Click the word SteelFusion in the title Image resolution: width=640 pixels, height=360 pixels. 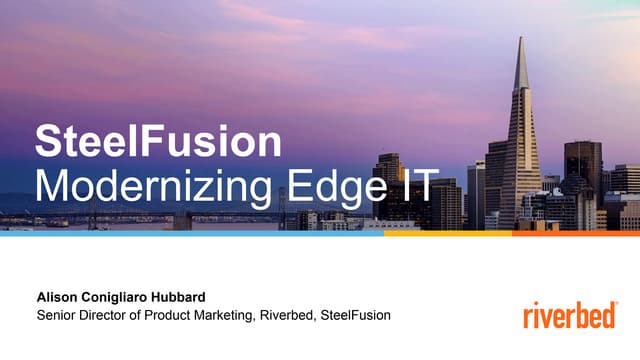[x=158, y=143]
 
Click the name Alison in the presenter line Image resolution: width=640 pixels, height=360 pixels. [x=59, y=297]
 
